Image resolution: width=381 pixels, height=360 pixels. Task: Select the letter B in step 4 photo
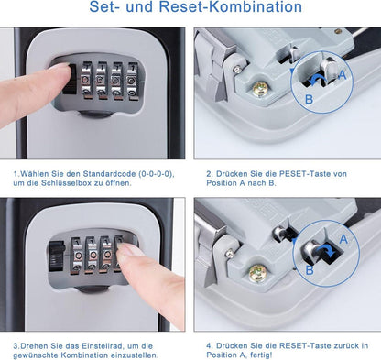coord(309,269)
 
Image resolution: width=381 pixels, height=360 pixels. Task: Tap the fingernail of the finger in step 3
coord(130,250)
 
